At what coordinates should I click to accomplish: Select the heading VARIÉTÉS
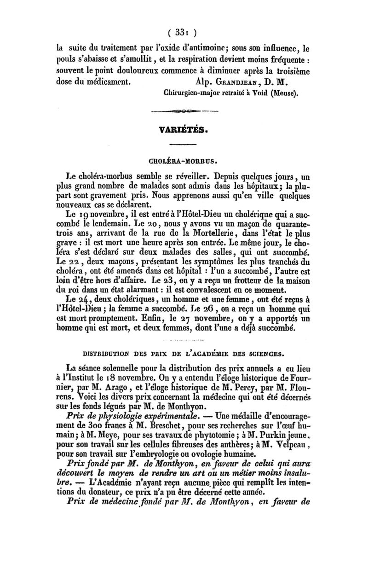pyautogui.click(x=183, y=130)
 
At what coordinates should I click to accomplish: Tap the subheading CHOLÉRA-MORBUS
pyautogui.click(x=183, y=162)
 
